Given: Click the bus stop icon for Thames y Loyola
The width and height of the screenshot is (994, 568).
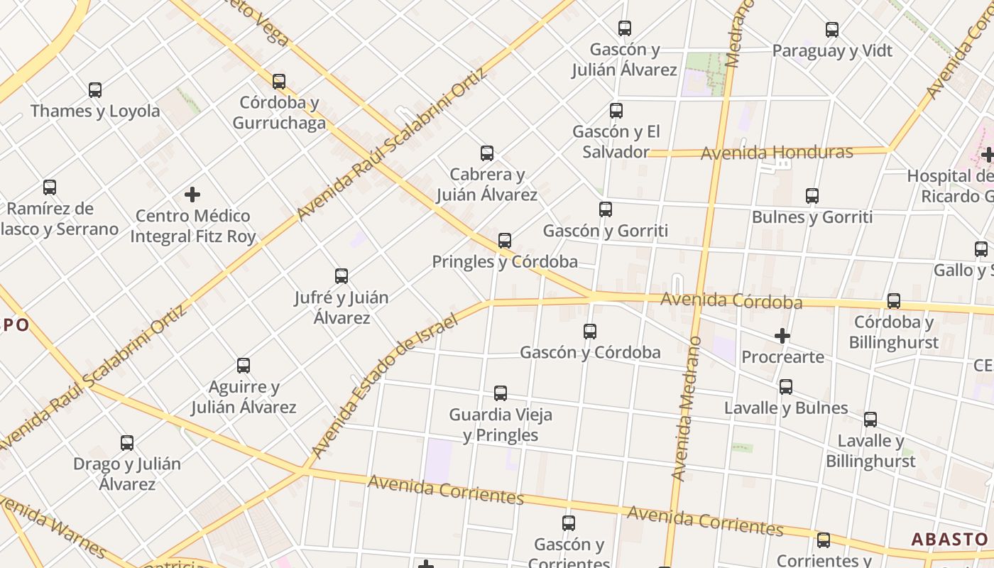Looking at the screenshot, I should pyautogui.click(x=94, y=90).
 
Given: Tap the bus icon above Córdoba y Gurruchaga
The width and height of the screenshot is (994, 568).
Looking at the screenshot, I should pyautogui.click(x=279, y=82).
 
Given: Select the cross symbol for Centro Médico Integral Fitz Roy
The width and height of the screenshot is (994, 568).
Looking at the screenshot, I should pyautogui.click(x=192, y=194).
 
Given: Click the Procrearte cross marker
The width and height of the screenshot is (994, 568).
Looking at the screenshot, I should pyautogui.click(x=782, y=335).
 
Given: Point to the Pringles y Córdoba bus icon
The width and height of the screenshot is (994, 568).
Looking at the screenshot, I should pyautogui.click(x=505, y=241).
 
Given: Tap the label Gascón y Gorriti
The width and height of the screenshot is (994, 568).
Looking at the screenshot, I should pyautogui.click(x=605, y=231).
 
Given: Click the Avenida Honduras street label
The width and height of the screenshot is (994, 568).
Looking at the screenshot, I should pyautogui.click(x=777, y=153).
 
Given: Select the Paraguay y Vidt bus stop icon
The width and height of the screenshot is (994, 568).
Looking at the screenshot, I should pyautogui.click(x=832, y=30).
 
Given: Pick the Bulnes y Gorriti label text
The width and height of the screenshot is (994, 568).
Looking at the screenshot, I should pyautogui.click(x=812, y=217).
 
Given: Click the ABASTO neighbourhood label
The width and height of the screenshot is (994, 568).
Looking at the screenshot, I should pyautogui.click(x=949, y=540).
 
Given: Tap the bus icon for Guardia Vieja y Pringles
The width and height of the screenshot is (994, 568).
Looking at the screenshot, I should pyautogui.click(x=501, y=393).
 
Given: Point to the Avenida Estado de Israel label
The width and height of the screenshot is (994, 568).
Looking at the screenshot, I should pyautogui.click(x=383, y=386).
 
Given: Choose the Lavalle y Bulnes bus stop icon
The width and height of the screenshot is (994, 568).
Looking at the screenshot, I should pyautogui.click(x=786, y=387).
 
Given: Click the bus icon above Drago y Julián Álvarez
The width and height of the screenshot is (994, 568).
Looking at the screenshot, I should pyautogui.click(x=127, y=443).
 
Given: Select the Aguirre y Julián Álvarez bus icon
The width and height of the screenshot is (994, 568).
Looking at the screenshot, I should pyautogui.click(x=244, y=366).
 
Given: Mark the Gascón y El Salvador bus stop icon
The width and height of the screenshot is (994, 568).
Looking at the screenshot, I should pyautogui.click(x=616, y=111).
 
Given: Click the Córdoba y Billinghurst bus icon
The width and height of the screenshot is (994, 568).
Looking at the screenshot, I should pyautogui.click(x=894, y=301).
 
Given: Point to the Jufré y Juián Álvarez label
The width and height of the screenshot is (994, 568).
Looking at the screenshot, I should pyautogui.click(x=342, y=307).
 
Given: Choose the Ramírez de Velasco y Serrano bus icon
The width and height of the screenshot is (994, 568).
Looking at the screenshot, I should pyautogui.click(x=50, y=187).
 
